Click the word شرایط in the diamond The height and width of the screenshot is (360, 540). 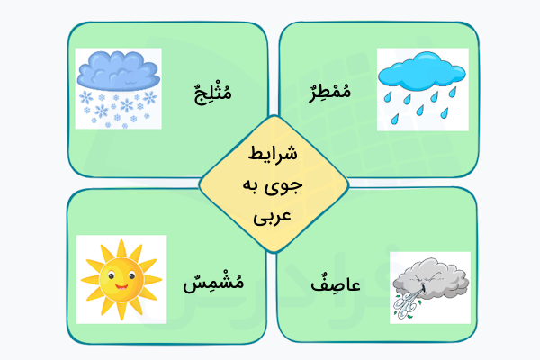274,155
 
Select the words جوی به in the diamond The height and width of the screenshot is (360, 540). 274,186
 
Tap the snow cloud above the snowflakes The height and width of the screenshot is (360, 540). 118,70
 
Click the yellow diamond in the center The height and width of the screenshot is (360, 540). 274,185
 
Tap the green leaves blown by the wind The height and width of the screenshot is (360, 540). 407,310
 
